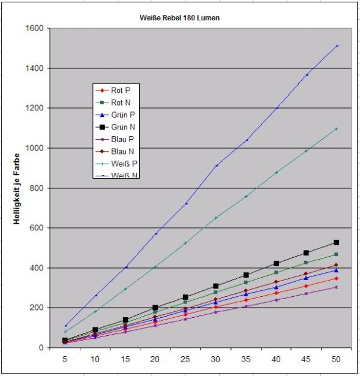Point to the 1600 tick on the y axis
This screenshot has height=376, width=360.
click(34, 28)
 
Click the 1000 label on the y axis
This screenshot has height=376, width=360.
click(34, 148)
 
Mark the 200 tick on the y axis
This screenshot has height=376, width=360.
click(37, 308)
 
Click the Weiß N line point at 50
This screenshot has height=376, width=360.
click(337, 46)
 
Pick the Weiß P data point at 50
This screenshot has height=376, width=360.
click(337, 129)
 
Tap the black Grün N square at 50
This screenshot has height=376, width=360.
click(337, 242)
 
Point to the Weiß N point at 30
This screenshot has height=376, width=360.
click(216, 166)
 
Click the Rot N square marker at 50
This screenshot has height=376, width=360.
click(337, 255)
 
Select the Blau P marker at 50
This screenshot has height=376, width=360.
click(337, 287)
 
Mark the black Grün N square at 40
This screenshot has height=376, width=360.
click(276, 263)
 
